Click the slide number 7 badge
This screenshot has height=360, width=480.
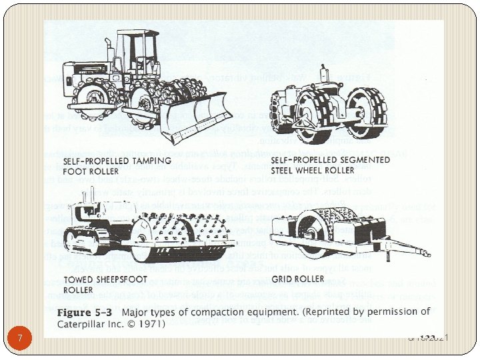[x=20, y=338]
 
